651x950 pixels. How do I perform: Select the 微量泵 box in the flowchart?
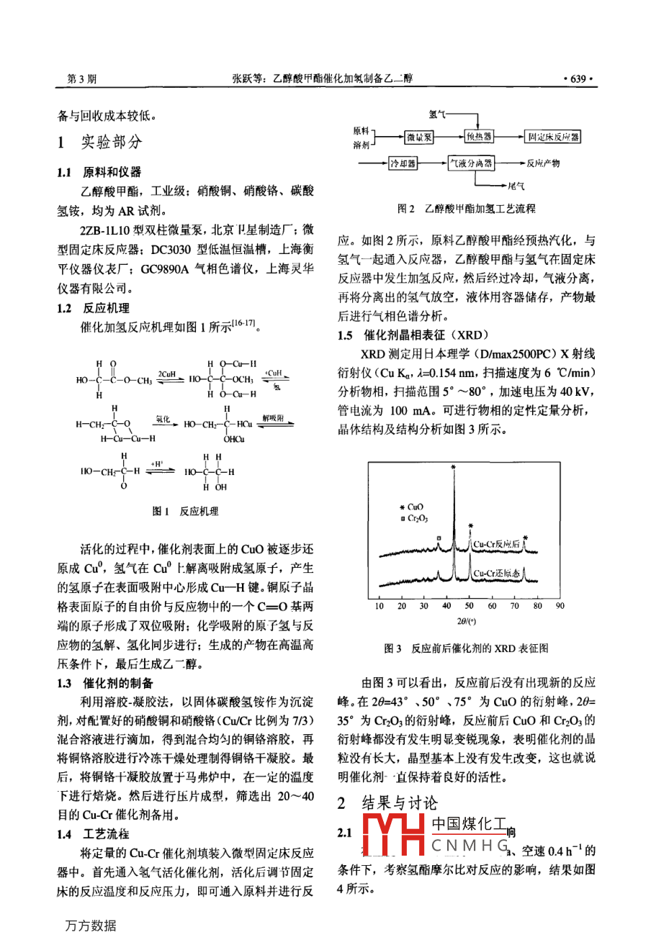pos(418,137)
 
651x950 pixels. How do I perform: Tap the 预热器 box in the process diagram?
pos(479,137)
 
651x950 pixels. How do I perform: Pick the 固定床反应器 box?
pos(553,137)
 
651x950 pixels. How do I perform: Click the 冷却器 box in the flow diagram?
pos(403,163)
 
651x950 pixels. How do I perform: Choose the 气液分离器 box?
pos(472,163)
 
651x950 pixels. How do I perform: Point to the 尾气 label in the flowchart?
pos(516,186)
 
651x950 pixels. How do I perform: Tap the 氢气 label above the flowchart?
pos(437,114)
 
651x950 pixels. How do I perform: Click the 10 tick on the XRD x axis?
pos(380,606)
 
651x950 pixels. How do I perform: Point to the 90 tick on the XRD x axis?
pos(560,606)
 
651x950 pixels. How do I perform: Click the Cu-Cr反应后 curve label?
pos(496,545)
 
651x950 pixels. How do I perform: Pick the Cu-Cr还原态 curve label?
pos(496,574)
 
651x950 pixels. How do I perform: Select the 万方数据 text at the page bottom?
pos(91,926)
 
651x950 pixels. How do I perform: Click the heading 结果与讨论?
pos(399,803)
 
